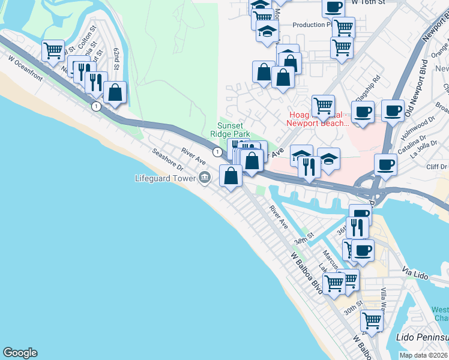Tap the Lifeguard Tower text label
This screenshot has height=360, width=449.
point(166,178)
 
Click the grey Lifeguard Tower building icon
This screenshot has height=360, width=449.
point(205,177)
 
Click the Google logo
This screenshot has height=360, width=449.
point(20,353)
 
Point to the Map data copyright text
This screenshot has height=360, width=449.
point(424,355)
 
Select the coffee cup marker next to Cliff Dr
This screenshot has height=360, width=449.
point(384,164)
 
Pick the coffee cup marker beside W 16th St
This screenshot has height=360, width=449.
point(334,7)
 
